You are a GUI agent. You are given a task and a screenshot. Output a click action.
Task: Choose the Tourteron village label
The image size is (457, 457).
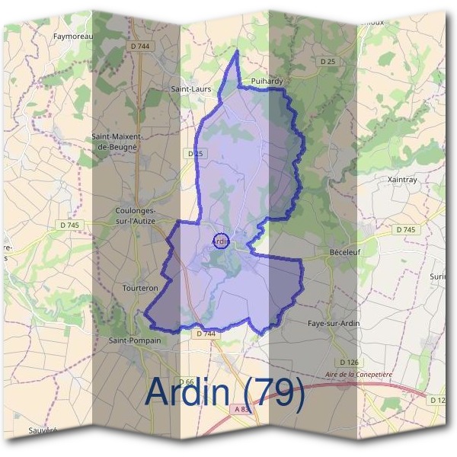(140, 288)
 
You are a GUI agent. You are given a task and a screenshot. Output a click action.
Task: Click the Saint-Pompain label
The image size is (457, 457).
(135, 340)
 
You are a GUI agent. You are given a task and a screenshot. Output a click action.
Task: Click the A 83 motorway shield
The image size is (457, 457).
(241, 409)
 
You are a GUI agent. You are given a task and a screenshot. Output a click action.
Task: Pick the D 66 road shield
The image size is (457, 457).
(187, 382)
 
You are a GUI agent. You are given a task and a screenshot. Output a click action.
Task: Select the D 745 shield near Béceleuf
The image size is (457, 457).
(407, 229)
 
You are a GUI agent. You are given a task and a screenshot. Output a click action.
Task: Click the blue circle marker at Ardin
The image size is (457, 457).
(220, 241)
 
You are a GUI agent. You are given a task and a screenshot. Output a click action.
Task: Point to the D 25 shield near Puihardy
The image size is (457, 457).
(328, 61)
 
